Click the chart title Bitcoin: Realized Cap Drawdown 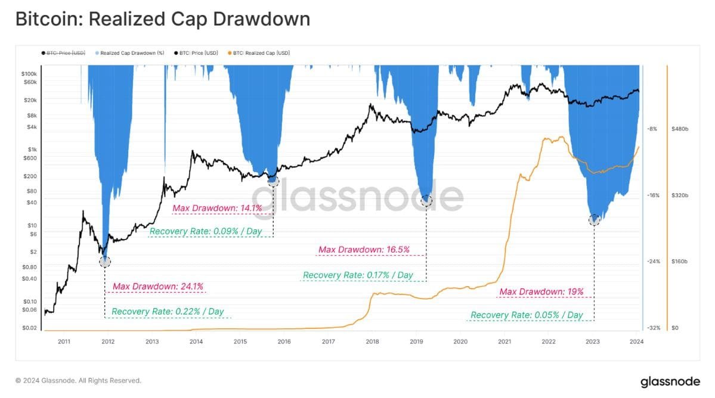click(162, 19)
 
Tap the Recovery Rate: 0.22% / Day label click(168, 312)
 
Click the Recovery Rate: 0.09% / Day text click(206, 231)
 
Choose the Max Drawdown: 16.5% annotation click(364, 250)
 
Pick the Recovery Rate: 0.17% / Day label click(358, 275)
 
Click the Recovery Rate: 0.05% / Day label click(527, 315)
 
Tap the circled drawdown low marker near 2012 click(105, 261)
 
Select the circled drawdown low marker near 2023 click(594, 220)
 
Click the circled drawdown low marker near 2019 click(426, 201)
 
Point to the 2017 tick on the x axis click(328, 342)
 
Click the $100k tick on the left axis click(29, 73)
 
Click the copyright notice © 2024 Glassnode click(78, 380)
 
